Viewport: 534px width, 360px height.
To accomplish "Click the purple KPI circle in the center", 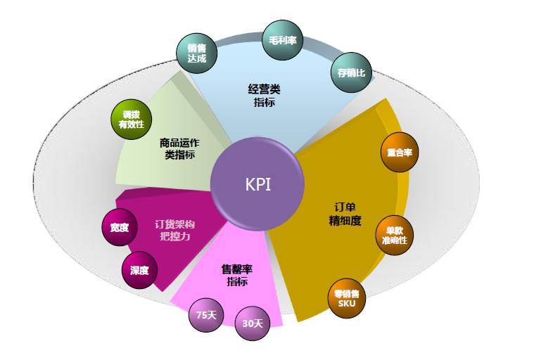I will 258,184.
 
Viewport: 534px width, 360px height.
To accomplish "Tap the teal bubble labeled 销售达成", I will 196,53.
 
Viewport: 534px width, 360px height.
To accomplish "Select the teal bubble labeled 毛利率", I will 282,41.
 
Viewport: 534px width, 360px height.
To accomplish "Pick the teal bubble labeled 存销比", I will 350,72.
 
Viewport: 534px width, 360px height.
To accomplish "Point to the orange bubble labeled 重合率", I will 400,152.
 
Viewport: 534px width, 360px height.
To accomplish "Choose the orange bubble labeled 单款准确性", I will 394,236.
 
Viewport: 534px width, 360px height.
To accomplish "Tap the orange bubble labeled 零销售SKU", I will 347,299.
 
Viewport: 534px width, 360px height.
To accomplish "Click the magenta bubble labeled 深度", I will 139,270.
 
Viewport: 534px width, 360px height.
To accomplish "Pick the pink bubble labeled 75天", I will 206,315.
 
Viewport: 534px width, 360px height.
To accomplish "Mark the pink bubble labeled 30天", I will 252,323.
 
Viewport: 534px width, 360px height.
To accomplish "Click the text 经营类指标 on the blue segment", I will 265,96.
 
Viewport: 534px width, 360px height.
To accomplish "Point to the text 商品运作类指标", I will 180,148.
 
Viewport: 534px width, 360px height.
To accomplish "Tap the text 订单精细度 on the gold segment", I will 345,214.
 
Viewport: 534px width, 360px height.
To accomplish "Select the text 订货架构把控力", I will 174,231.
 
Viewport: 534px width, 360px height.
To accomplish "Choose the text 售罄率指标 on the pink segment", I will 237,275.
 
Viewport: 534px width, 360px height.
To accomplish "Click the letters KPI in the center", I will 258,184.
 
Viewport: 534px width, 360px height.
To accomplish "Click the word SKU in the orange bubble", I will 347,304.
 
